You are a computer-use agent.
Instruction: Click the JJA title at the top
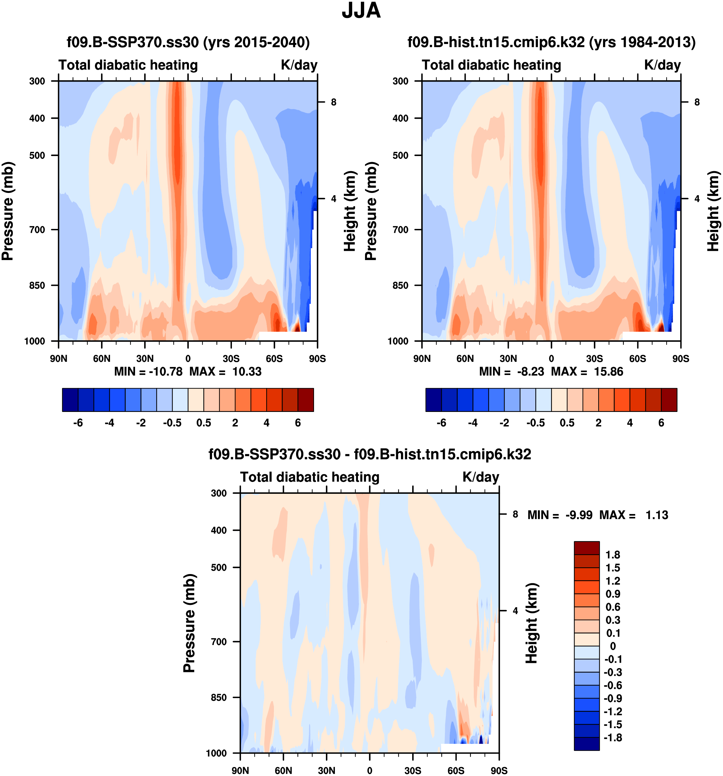[x=361, y=11]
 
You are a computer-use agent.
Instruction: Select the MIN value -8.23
[x=530, y=371]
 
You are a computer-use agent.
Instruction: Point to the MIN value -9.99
[x=579, y=515]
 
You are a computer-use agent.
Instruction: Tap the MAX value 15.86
[x=608, y=371]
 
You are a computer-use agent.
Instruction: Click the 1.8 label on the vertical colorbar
[x=613, y=555]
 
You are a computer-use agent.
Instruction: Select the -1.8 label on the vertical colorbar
[x=613, y=737]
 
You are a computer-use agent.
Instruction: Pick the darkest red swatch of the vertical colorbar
[x=586, y=548]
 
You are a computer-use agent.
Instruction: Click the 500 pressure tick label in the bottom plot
[x=219, y=567]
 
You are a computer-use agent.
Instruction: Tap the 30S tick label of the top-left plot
[x=231, y=358]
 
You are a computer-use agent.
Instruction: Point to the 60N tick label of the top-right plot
[x=465, y=358]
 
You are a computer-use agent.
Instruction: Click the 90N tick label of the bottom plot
[x=240, y=770]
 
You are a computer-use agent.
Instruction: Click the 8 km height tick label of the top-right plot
[x=697, y=102]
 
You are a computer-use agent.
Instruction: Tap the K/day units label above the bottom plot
[x=481, y=477]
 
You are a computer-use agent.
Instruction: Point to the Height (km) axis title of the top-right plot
[x=713, y=211]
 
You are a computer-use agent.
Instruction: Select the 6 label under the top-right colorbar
[x=661, y=423]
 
